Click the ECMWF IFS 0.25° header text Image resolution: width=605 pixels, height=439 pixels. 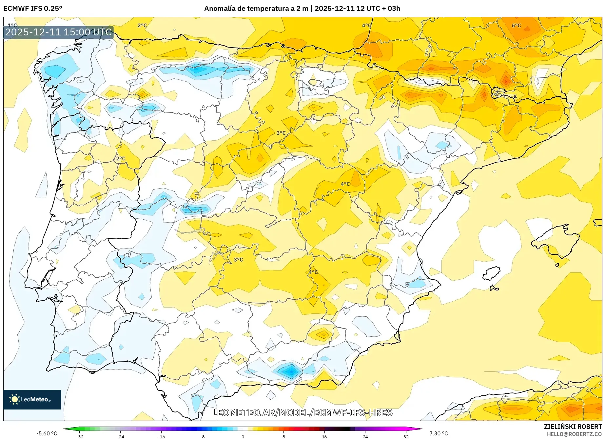[x=33, y=9]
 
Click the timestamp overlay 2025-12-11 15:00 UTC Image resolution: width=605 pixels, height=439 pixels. [x=58, y=32]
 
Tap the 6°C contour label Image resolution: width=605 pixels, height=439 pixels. [x=516, y=26]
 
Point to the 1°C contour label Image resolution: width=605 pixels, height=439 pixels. [x=12, y=25]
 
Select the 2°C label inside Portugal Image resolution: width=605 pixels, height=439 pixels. [x=121, y=159]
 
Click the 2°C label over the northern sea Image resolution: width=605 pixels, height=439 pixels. [x=142, y=26]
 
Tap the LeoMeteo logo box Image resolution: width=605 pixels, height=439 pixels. [x=32, y=399]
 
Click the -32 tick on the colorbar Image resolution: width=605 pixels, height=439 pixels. [x=80, y=436]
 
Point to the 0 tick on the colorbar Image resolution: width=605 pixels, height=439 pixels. [x=243, y=436]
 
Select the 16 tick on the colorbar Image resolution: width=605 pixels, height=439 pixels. [x=324, y=436]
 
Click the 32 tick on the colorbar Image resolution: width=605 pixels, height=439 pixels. [x=406, y=436]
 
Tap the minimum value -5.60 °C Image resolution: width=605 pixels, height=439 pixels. [x=47, y=433]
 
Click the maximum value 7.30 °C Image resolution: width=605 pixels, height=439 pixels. [x=439, y=433]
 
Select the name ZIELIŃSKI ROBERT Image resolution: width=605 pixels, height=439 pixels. [x=573, y=427]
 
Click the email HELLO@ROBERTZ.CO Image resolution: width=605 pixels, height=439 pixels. [x=574, y=434]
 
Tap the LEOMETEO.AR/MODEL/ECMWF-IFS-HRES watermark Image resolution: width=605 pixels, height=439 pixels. [x=302, y=412]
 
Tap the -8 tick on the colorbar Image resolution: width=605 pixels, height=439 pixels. [x=202, y=436]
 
